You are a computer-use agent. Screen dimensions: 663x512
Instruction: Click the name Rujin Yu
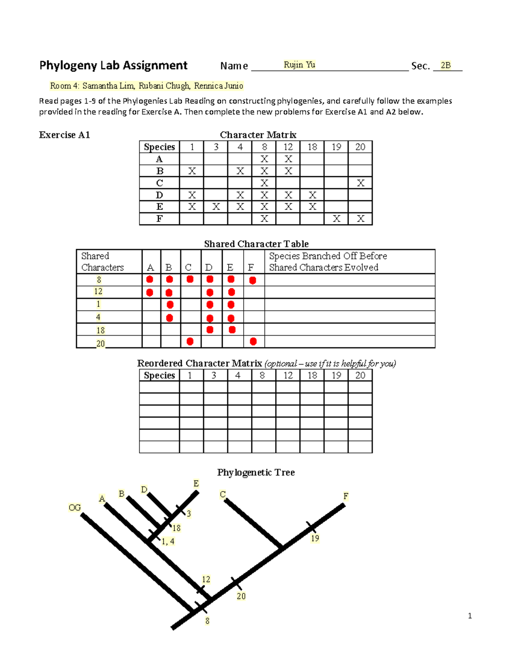[299, 65]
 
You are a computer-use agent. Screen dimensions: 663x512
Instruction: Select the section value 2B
[445, 65]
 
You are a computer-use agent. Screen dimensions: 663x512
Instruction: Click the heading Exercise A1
[64, 135]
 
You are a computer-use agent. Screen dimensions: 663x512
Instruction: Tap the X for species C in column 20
[361, 183]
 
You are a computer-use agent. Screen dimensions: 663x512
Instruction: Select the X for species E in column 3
[216, 207]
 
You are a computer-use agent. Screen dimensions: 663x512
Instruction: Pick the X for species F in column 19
[337, 219]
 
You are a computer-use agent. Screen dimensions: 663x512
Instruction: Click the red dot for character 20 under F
[253, 342]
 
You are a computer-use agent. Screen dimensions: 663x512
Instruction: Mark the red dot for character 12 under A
[150, 292]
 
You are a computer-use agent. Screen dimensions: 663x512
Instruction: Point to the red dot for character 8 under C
[190, 279]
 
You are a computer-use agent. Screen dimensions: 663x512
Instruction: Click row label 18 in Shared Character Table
[100, 330]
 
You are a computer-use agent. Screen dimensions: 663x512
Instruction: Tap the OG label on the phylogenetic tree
[75, 508]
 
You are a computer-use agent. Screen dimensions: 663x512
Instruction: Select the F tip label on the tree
[346, 496]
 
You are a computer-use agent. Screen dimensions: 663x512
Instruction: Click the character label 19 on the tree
[315, 538]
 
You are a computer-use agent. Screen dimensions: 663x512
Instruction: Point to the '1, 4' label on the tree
[168, 541]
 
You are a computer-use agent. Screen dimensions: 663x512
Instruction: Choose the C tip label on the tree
[223, 494]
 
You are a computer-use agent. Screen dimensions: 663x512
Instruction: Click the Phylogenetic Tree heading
[256, 472]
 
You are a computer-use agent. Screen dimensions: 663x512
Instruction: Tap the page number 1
[470, 616]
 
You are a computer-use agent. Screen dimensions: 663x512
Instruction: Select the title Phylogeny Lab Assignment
[113, 65]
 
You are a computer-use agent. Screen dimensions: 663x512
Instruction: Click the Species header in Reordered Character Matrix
[159, 375]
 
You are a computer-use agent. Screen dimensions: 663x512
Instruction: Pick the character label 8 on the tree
[207, 621]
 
